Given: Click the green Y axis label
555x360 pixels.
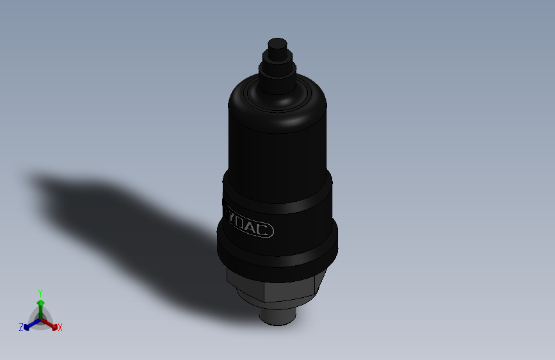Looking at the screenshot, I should coord(40,293).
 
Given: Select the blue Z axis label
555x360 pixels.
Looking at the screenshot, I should coord(21,327).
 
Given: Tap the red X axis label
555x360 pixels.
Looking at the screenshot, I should coord(60,327).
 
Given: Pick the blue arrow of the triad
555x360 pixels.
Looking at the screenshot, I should coord(29,325).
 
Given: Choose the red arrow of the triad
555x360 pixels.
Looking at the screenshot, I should coord(51,324).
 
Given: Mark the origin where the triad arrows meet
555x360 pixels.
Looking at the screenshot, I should coord(40,318).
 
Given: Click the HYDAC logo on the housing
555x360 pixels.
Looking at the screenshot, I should coord(250,224).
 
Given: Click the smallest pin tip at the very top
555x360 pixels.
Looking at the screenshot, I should coord(277,46).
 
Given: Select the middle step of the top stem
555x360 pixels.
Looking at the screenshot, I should coord(276,61).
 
